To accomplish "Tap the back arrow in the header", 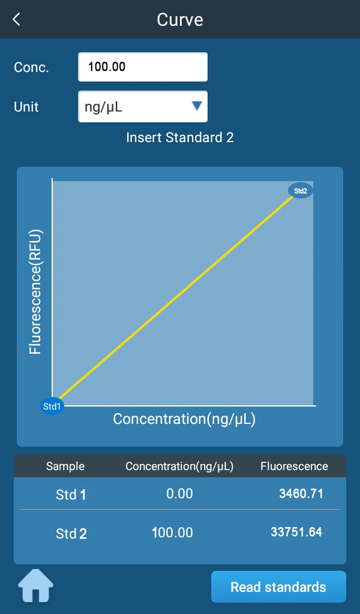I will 16,19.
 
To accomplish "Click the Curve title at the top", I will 180,19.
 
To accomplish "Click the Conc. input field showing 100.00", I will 143,67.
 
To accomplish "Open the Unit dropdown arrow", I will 196,106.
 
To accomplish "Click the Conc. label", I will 31,67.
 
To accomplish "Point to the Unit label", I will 26,107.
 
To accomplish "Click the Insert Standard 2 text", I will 180,137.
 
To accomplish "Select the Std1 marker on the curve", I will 52,406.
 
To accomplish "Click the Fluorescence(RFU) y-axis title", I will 35,291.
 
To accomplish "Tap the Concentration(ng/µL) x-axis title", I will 184,419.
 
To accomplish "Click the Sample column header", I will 65,466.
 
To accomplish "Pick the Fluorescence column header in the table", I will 294,466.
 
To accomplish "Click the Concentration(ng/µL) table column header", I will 179,466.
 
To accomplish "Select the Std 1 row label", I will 71,495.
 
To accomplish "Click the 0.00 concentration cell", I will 179,493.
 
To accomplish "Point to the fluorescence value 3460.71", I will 301,493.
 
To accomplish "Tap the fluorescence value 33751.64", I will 297,532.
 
